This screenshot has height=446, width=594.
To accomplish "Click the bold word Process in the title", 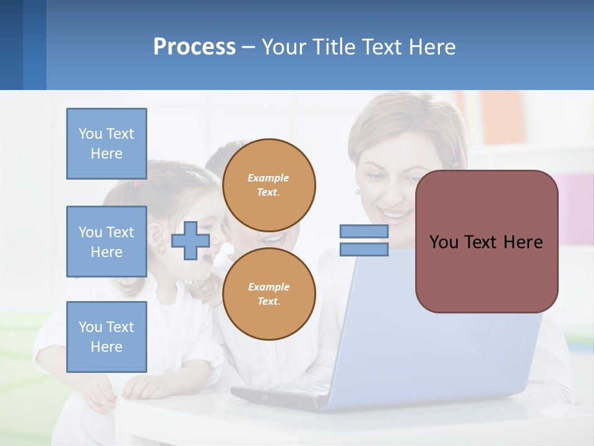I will pos(194,47).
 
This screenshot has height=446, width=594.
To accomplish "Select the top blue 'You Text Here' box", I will pos(106,144).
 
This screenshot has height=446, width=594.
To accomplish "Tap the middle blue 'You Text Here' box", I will pos(106,242).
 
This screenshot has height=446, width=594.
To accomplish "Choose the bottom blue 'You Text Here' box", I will pos(106,337).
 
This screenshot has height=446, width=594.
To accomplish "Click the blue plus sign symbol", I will pos(190,241).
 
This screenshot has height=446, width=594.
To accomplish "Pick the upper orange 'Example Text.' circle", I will pos(269,185).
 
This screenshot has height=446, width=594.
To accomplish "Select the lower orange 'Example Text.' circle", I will pos(269,294).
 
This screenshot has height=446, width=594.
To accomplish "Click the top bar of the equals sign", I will pos(364,232).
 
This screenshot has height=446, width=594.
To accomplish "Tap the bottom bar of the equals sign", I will pos(364,250).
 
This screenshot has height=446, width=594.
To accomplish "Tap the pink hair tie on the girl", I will pos(137,183).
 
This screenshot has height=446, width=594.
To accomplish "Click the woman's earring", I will pos(358,192).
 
